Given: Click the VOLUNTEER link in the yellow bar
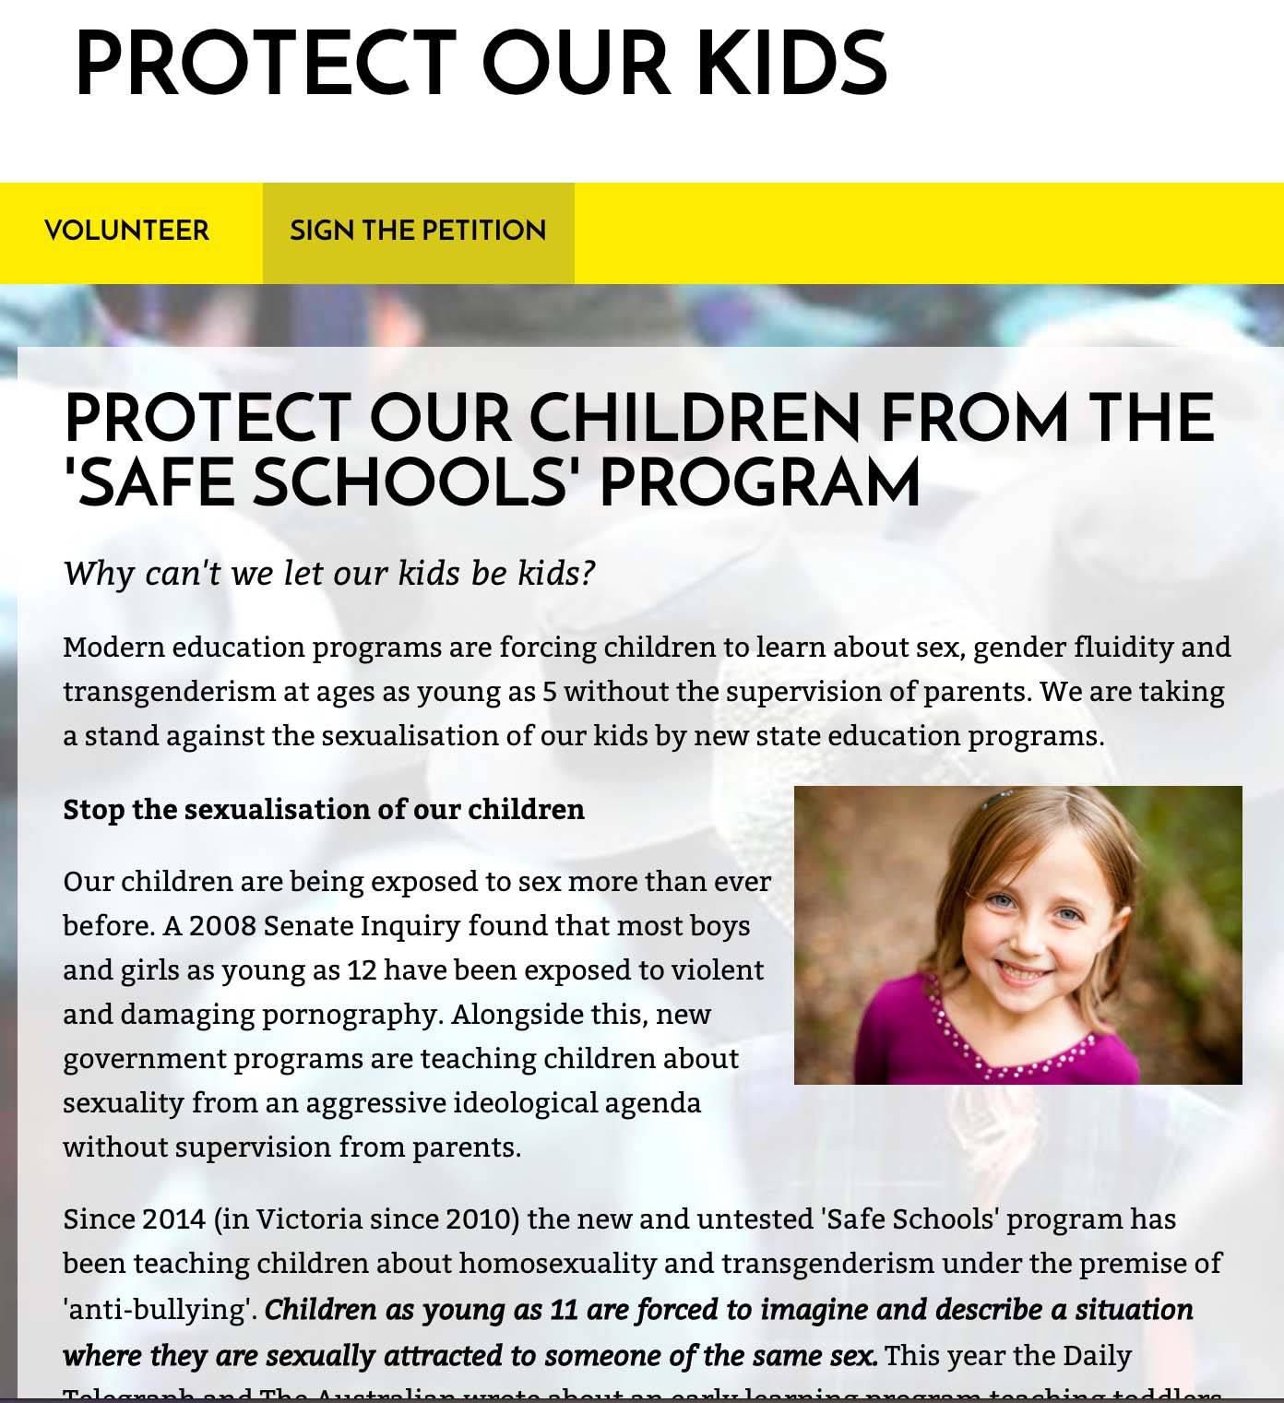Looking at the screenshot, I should click(126, 231).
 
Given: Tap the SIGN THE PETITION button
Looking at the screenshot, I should click(418, 231).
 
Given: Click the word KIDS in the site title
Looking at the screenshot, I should click(791, 64).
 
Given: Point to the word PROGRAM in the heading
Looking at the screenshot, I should click(759, 483).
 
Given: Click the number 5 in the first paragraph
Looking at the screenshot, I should click(550, 692).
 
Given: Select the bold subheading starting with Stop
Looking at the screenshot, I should click(324, 809).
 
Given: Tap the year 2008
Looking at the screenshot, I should click(221, 925).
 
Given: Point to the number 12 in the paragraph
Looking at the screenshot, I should click(362, 970).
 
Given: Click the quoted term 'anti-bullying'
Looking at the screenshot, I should click(160, 1310).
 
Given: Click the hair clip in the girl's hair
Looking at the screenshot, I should click(995, 799).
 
